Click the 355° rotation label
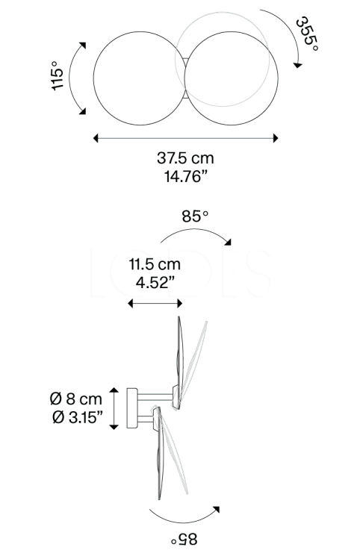(x=307, y=34)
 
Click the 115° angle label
(x=57, y=75)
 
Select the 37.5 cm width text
(x=185, y=157)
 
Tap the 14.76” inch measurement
(x=185, y=176)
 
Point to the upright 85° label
(x=195, y=216)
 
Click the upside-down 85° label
(x=184, y=540)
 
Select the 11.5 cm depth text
(x=155, y=264)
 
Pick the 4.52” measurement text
(x=155, y=283)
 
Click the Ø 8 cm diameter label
(x=76, y=399)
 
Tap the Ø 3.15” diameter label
(x=78, y=417)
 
